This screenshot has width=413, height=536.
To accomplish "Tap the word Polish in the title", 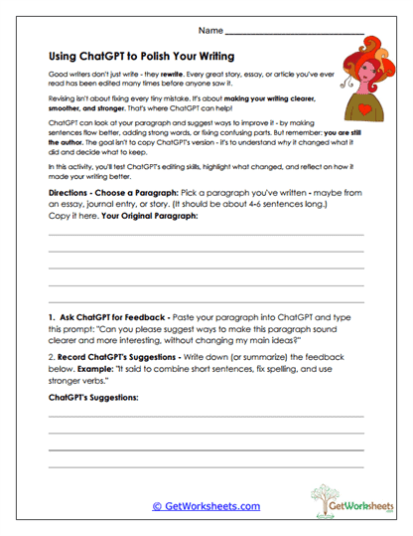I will pos(150,59).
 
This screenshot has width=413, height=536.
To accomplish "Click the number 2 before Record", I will pos(51,352).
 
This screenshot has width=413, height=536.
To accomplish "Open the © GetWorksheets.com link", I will pos(206,505).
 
